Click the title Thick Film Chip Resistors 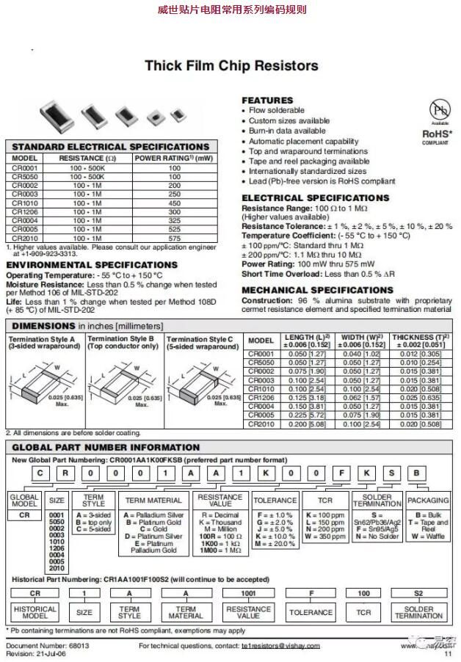[x=231, y=66]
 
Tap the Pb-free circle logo [x=439, y=111]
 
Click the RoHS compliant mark [x=435, y=136]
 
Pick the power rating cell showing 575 [x=174, y=238]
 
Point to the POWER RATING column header [x=174, y=158]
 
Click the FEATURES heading [x=267, y=100]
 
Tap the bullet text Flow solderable [x=276, y=110]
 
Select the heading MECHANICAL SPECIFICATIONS [x=317, y=290]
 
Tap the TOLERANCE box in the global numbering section [x=274, y=500]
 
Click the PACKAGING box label [x=427, y=500]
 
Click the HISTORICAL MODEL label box [x=35, y=611]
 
